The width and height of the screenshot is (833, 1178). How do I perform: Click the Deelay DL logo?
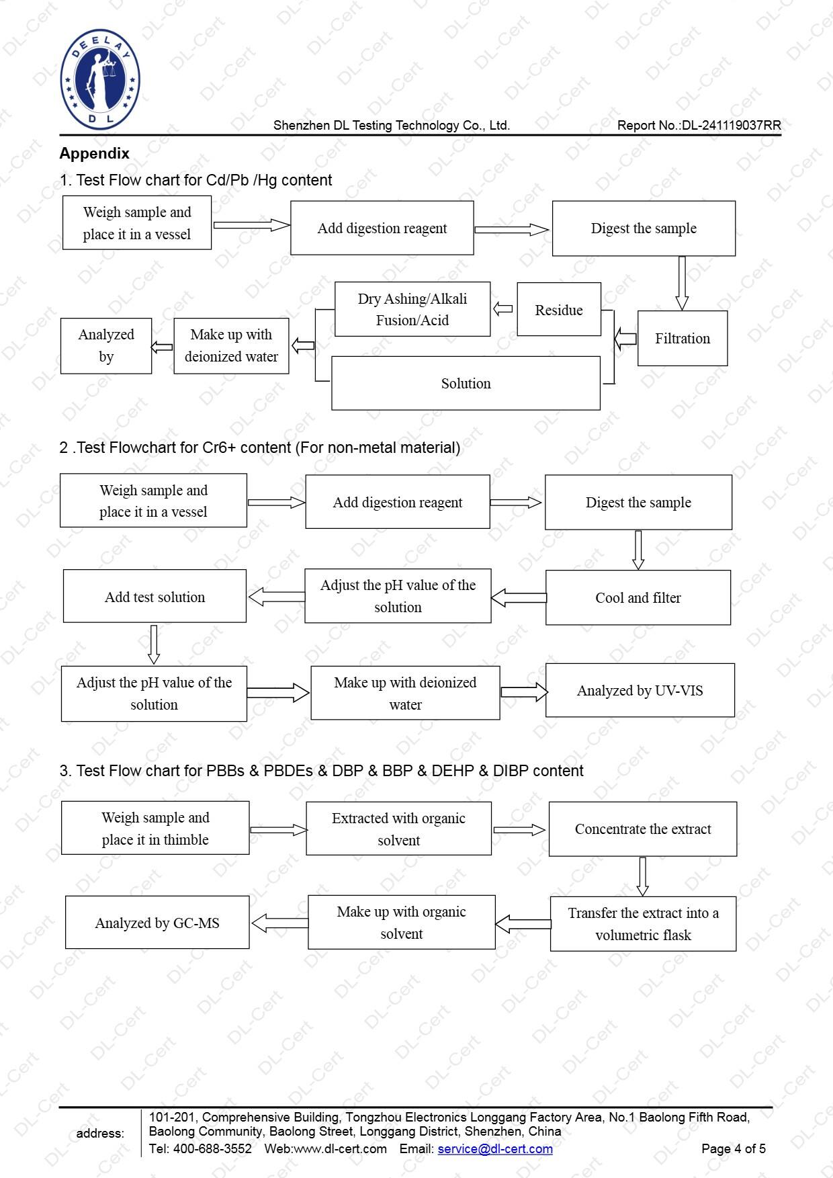[100, 79]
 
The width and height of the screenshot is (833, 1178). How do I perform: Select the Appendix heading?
[94, 153]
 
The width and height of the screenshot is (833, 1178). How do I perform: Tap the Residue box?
[558, 310]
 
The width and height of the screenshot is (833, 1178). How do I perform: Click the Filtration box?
[682, 338]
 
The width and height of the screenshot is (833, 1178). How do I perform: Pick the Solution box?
[466, 383]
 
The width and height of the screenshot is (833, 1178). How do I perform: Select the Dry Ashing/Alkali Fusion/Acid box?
[412, 309]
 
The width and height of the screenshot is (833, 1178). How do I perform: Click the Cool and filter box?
[638, 597]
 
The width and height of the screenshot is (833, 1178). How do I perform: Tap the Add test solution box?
[155, 596]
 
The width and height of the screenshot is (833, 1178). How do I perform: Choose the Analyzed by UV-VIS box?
[640, 690]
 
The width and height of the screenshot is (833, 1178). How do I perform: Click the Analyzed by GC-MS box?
[157, 923]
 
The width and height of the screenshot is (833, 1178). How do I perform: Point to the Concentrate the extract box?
[642, 829]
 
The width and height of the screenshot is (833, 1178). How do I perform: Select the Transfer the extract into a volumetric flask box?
[643, 923]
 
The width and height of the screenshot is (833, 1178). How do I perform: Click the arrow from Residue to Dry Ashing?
[503, 309]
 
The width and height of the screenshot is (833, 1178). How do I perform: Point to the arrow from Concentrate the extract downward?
[642, 876]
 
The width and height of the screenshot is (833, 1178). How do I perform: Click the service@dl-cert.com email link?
[495, 1148]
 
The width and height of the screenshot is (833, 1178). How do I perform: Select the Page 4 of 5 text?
[733, 1148]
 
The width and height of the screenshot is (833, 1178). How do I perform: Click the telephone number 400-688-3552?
[212, 1148]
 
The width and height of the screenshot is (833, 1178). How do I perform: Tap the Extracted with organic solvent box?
[398, 829]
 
